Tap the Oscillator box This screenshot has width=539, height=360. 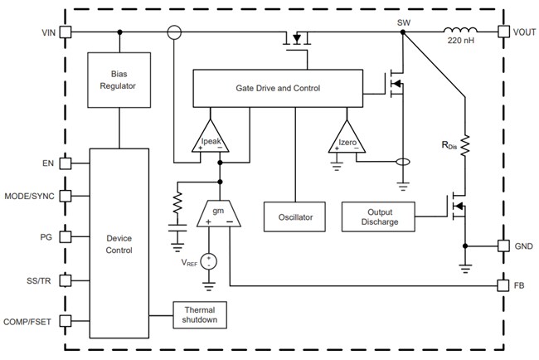(x=289, y=216)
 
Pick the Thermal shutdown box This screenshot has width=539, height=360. (x=199, y=314)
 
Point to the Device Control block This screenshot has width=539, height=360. (x=119, y=243)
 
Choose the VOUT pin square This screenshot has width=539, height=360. (x=503, y=32)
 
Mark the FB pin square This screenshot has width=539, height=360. (x=503, y=285)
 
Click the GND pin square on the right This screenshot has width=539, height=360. (x=503, y=246)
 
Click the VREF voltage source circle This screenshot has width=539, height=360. (x=209, y=260)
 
